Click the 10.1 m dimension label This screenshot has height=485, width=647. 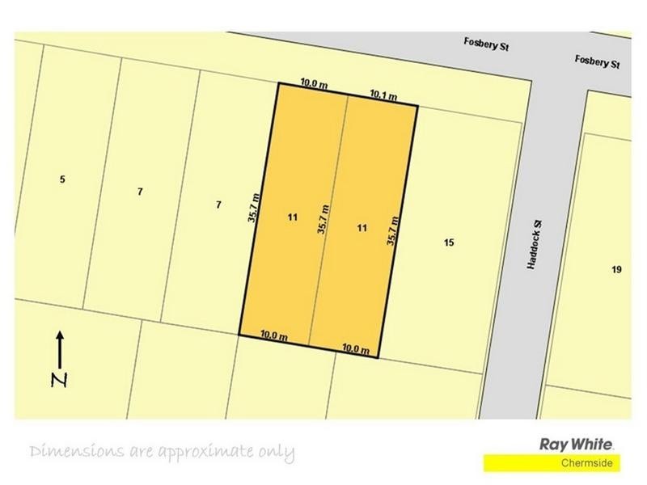[x=383, y=95]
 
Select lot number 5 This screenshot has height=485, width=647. [x=62, y=179]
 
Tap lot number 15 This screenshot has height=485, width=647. [x=449, y=242]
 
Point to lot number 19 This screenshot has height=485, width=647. [x=617, y=269]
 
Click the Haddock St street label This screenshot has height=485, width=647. [x=534, y=247]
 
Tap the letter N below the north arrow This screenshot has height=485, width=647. [x=58, y=380]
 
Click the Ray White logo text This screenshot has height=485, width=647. [x=577, y=444]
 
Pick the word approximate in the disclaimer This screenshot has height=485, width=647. [x=201, y=451]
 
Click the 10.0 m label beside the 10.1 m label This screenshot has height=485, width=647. [x=314, y=82]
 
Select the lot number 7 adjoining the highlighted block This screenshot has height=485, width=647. [x=218, y=205]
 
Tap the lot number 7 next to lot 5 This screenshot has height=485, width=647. [x=140, y=192]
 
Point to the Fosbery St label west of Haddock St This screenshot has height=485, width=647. [x=486, y=46]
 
